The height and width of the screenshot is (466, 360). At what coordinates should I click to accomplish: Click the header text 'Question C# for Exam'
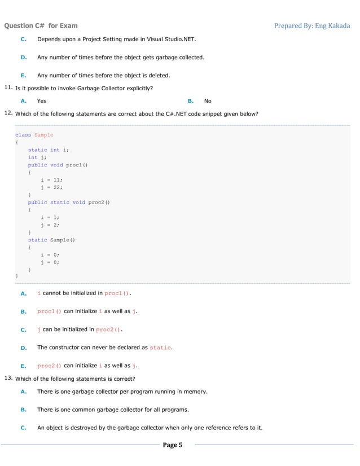pos(41,25)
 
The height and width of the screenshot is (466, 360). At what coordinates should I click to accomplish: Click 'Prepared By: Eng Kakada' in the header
pos(311,25)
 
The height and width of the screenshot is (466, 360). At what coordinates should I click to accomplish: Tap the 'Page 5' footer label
pos(172,445)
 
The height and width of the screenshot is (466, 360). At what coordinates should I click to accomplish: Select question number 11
pos(8,88)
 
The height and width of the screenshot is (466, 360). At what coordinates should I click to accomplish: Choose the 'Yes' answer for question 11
pos(42,101)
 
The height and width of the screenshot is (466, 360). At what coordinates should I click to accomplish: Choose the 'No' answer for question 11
pos(208,101)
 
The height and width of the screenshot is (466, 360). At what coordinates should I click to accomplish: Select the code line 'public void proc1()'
pos(58,165)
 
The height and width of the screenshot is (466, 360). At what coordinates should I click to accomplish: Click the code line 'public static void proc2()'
pos(68,202)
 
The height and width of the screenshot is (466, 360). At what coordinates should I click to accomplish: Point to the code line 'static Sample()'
pos(51,240)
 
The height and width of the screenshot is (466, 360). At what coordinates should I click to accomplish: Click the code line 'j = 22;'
pos(52,187)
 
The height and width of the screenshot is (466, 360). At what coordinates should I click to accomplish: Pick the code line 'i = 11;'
pos(52,179)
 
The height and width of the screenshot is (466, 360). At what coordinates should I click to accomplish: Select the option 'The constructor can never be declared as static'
pos(104,348)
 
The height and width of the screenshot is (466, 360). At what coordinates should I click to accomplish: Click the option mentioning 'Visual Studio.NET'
pos(117,39)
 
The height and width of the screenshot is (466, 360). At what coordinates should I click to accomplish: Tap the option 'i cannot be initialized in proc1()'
pos(84,293)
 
